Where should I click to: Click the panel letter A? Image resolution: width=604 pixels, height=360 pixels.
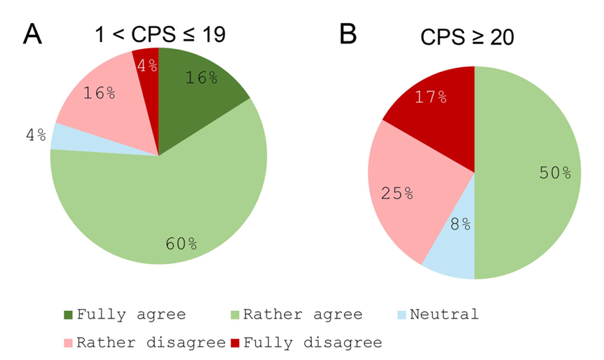tap(32, 33)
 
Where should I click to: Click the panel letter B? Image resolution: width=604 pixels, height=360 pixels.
tap(348, 33)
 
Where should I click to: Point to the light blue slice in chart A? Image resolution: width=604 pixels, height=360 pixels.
tap(62, 136)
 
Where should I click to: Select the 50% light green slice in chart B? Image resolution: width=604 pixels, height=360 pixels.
tap(533, 175)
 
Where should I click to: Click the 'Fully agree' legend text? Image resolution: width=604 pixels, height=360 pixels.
tap(131, 314)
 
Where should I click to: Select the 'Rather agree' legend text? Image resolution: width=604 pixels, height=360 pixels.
tap(302, 314)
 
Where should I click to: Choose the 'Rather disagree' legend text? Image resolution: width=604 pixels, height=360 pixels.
tap(150, 342)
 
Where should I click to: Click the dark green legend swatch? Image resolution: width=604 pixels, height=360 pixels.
tap(68, 314)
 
